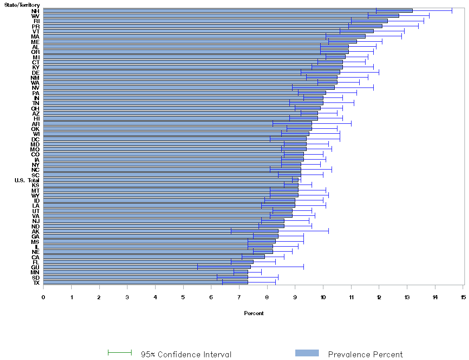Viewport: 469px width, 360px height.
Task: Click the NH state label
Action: [35, 10]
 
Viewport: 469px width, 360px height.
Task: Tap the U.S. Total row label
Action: [26, 180]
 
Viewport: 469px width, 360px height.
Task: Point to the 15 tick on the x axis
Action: [463, 297]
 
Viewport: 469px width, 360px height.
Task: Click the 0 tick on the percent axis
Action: [44, 297]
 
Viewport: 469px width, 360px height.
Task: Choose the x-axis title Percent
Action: [254, 313]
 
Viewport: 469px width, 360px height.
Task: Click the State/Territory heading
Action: [22, 5]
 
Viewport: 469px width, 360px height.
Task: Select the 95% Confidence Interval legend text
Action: [186, 355]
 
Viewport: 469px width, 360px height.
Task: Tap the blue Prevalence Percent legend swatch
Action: [307, 353]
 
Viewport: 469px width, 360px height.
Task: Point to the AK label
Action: [35, 231]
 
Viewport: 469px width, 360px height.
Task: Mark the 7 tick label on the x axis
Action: [239, 297]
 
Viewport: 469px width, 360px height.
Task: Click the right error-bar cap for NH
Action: [452, 10]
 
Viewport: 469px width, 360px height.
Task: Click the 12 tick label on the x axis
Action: [379, 297]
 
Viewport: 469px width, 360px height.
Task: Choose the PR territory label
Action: [35, 26]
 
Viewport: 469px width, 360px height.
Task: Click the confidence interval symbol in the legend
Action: [119, 353]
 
